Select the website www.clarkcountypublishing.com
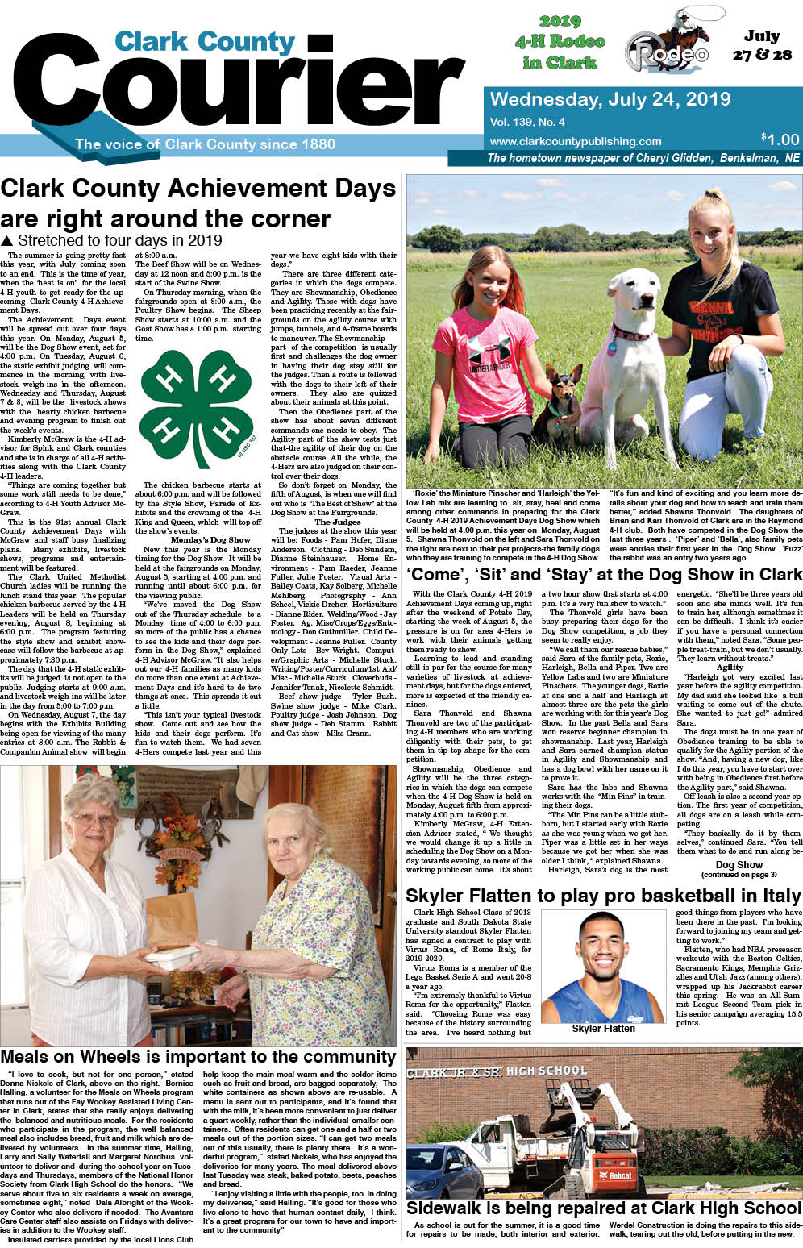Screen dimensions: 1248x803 (575, 141)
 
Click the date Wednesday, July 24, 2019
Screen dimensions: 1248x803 (610, 100)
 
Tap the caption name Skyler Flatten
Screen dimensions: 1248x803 (603, 1029)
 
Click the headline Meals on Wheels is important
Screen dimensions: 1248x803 (198, 1057)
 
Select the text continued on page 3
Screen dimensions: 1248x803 (739, 875)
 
